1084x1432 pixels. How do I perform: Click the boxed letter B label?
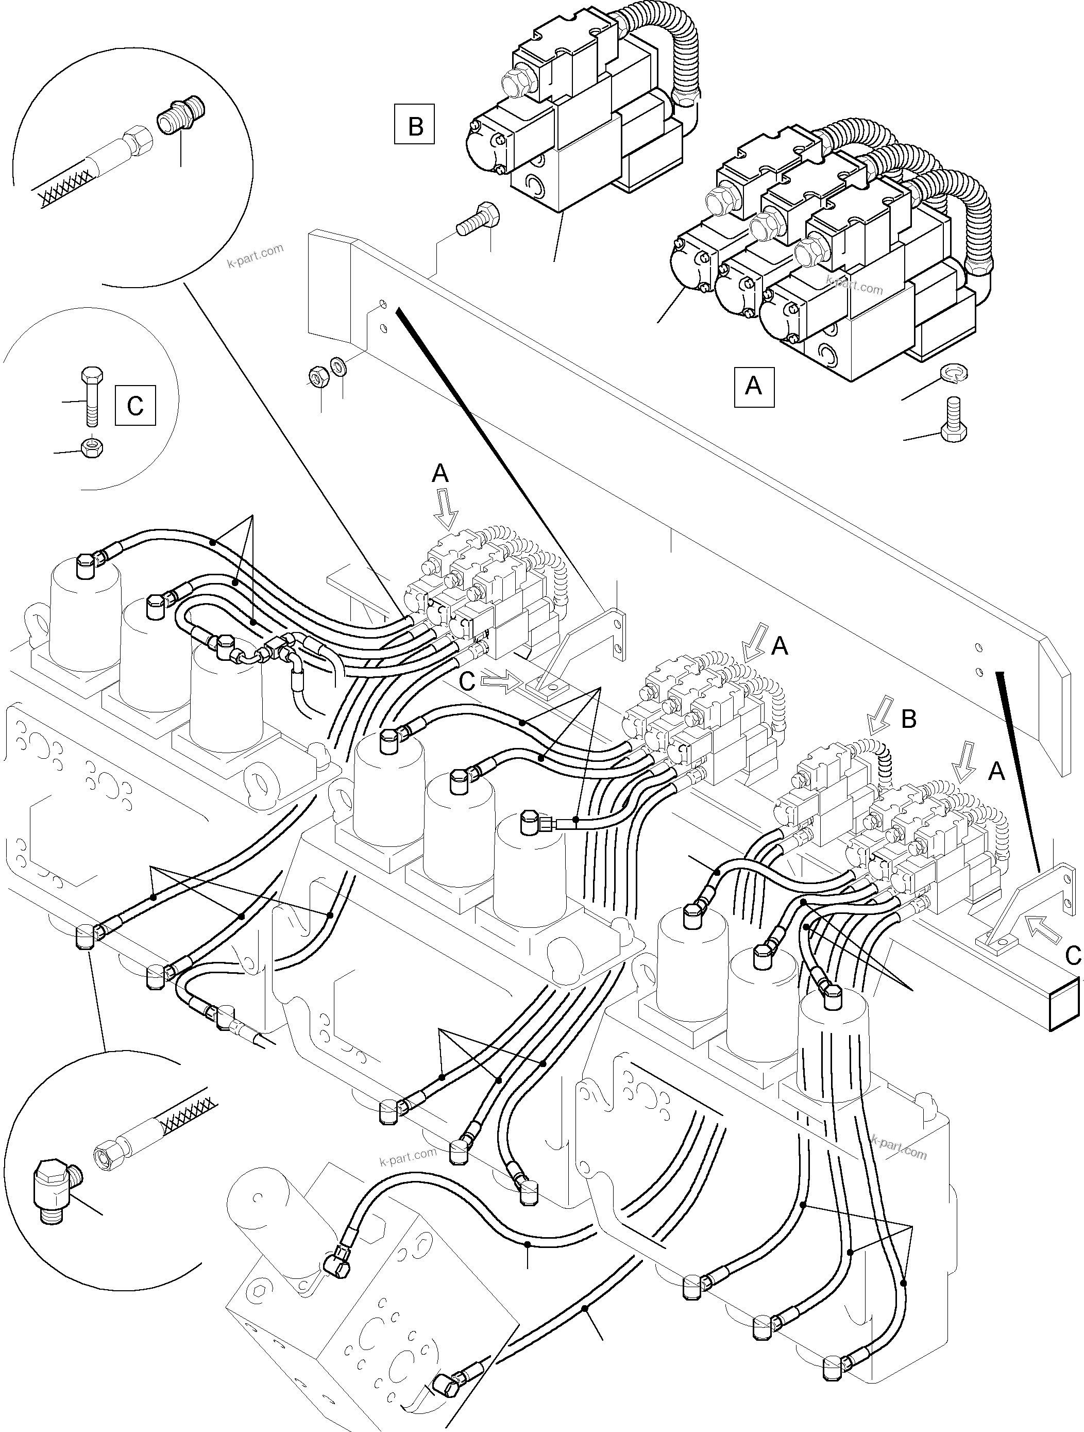(x=414, y=124)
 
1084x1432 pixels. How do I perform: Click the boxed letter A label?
(x=754, y=387)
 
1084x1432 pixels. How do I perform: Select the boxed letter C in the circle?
(x=135, y=405)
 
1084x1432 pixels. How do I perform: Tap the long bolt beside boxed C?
(x=89, y=397)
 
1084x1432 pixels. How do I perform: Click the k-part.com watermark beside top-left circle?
(x=256, y=255)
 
